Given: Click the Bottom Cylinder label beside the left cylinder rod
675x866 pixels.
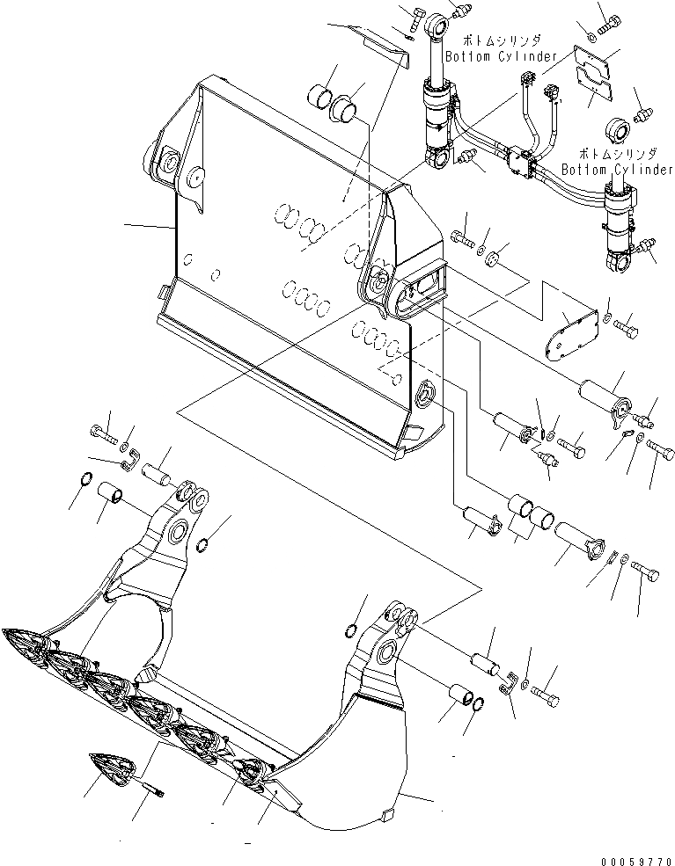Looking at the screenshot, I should (x=501, y=49).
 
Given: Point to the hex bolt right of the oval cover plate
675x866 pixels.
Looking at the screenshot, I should (x=630, y=330).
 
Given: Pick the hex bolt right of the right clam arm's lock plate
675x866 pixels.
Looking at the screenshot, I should (x=547, y=699).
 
